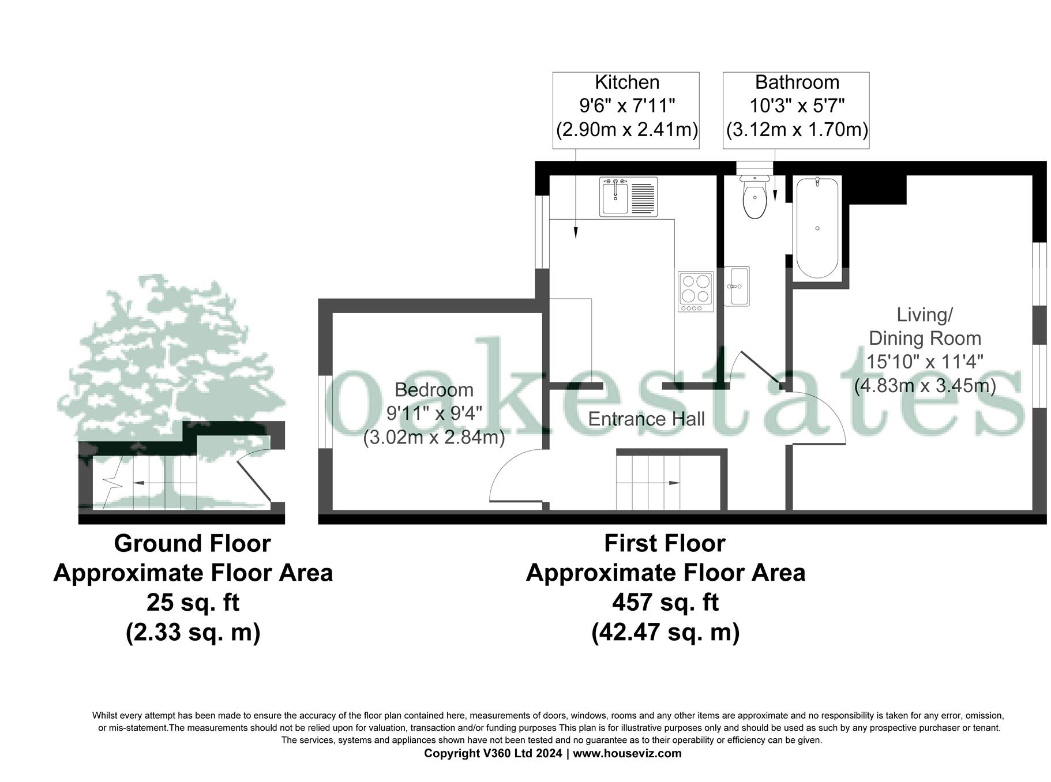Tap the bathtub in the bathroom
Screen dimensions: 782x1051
pyautogui.click(x=817, y=228)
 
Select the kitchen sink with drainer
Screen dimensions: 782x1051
pyautogui.click(x=628, y=197)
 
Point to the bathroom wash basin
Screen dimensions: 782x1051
pyautogui.click(x=737, y=286)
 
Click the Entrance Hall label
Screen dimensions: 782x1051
pyautogui.click(x=646, y=419)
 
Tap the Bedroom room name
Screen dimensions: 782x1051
pyautogui.click(x=434, y=390)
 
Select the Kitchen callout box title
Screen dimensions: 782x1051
pyautogui.click(x=626, y=82)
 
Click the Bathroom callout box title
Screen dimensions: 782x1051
pyautogui.click(x=797, y=82)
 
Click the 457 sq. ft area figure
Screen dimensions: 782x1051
pyautogui.click(x=665, y=603)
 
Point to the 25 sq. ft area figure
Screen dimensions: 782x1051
pyautogui.click(x=193, y=603)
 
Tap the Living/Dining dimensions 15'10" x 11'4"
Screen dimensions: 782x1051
pyautogui.click(x=925, y=362)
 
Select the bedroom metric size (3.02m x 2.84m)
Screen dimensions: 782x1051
pyautogui.click(x=434, y=438)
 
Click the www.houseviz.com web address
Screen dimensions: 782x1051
pyautogui.click(x=627, y=753)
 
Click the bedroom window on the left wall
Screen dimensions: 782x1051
pyautogui.click(x=325, y=411)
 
